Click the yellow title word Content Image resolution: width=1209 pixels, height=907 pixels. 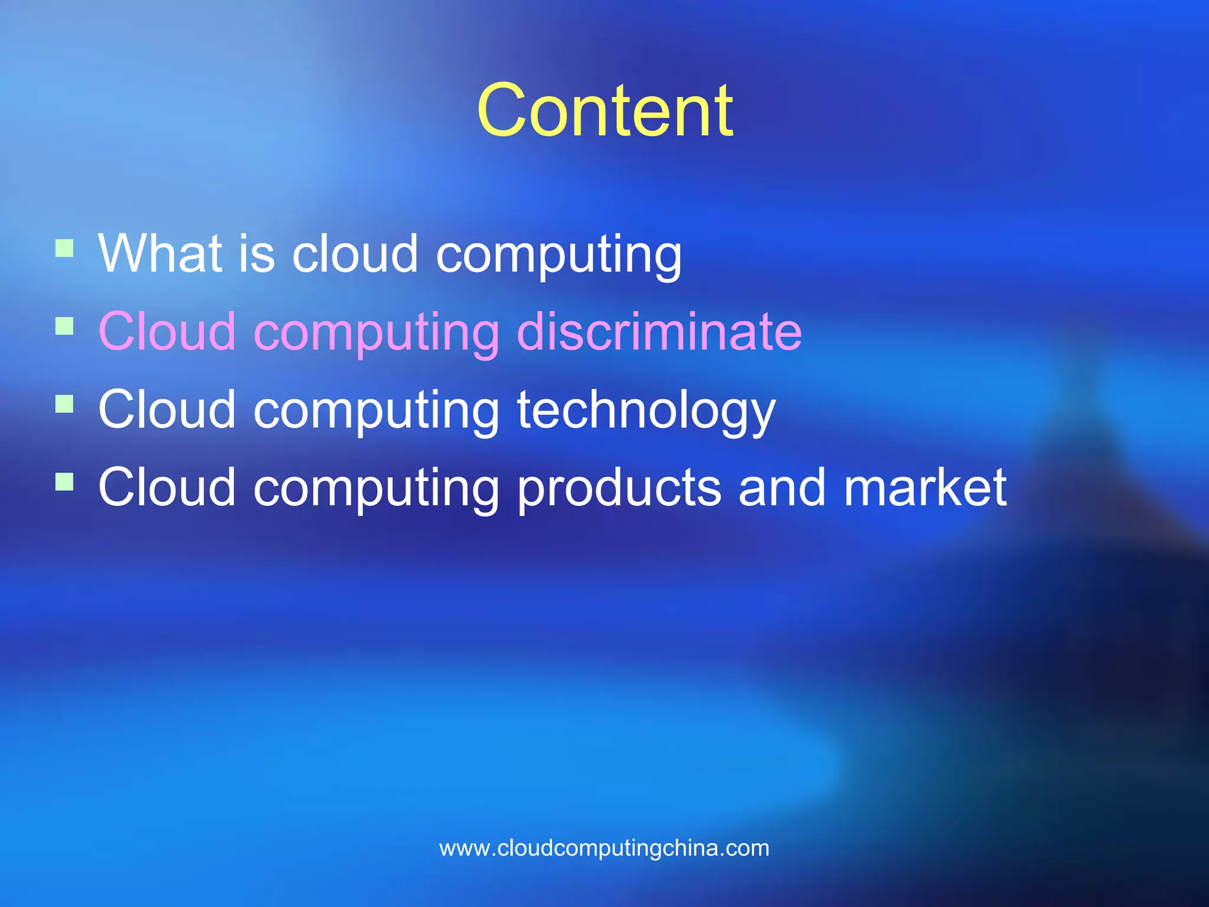[x=604, y=111]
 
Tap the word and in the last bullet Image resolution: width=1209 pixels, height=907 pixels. [x=782, y=487]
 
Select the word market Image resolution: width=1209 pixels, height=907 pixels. [x=925, y=487]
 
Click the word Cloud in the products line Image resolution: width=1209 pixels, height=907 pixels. [x=167, y=487]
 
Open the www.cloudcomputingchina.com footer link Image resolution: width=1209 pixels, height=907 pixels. [x=604, y=848]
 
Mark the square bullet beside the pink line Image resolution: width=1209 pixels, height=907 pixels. [x=64, y=325]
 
